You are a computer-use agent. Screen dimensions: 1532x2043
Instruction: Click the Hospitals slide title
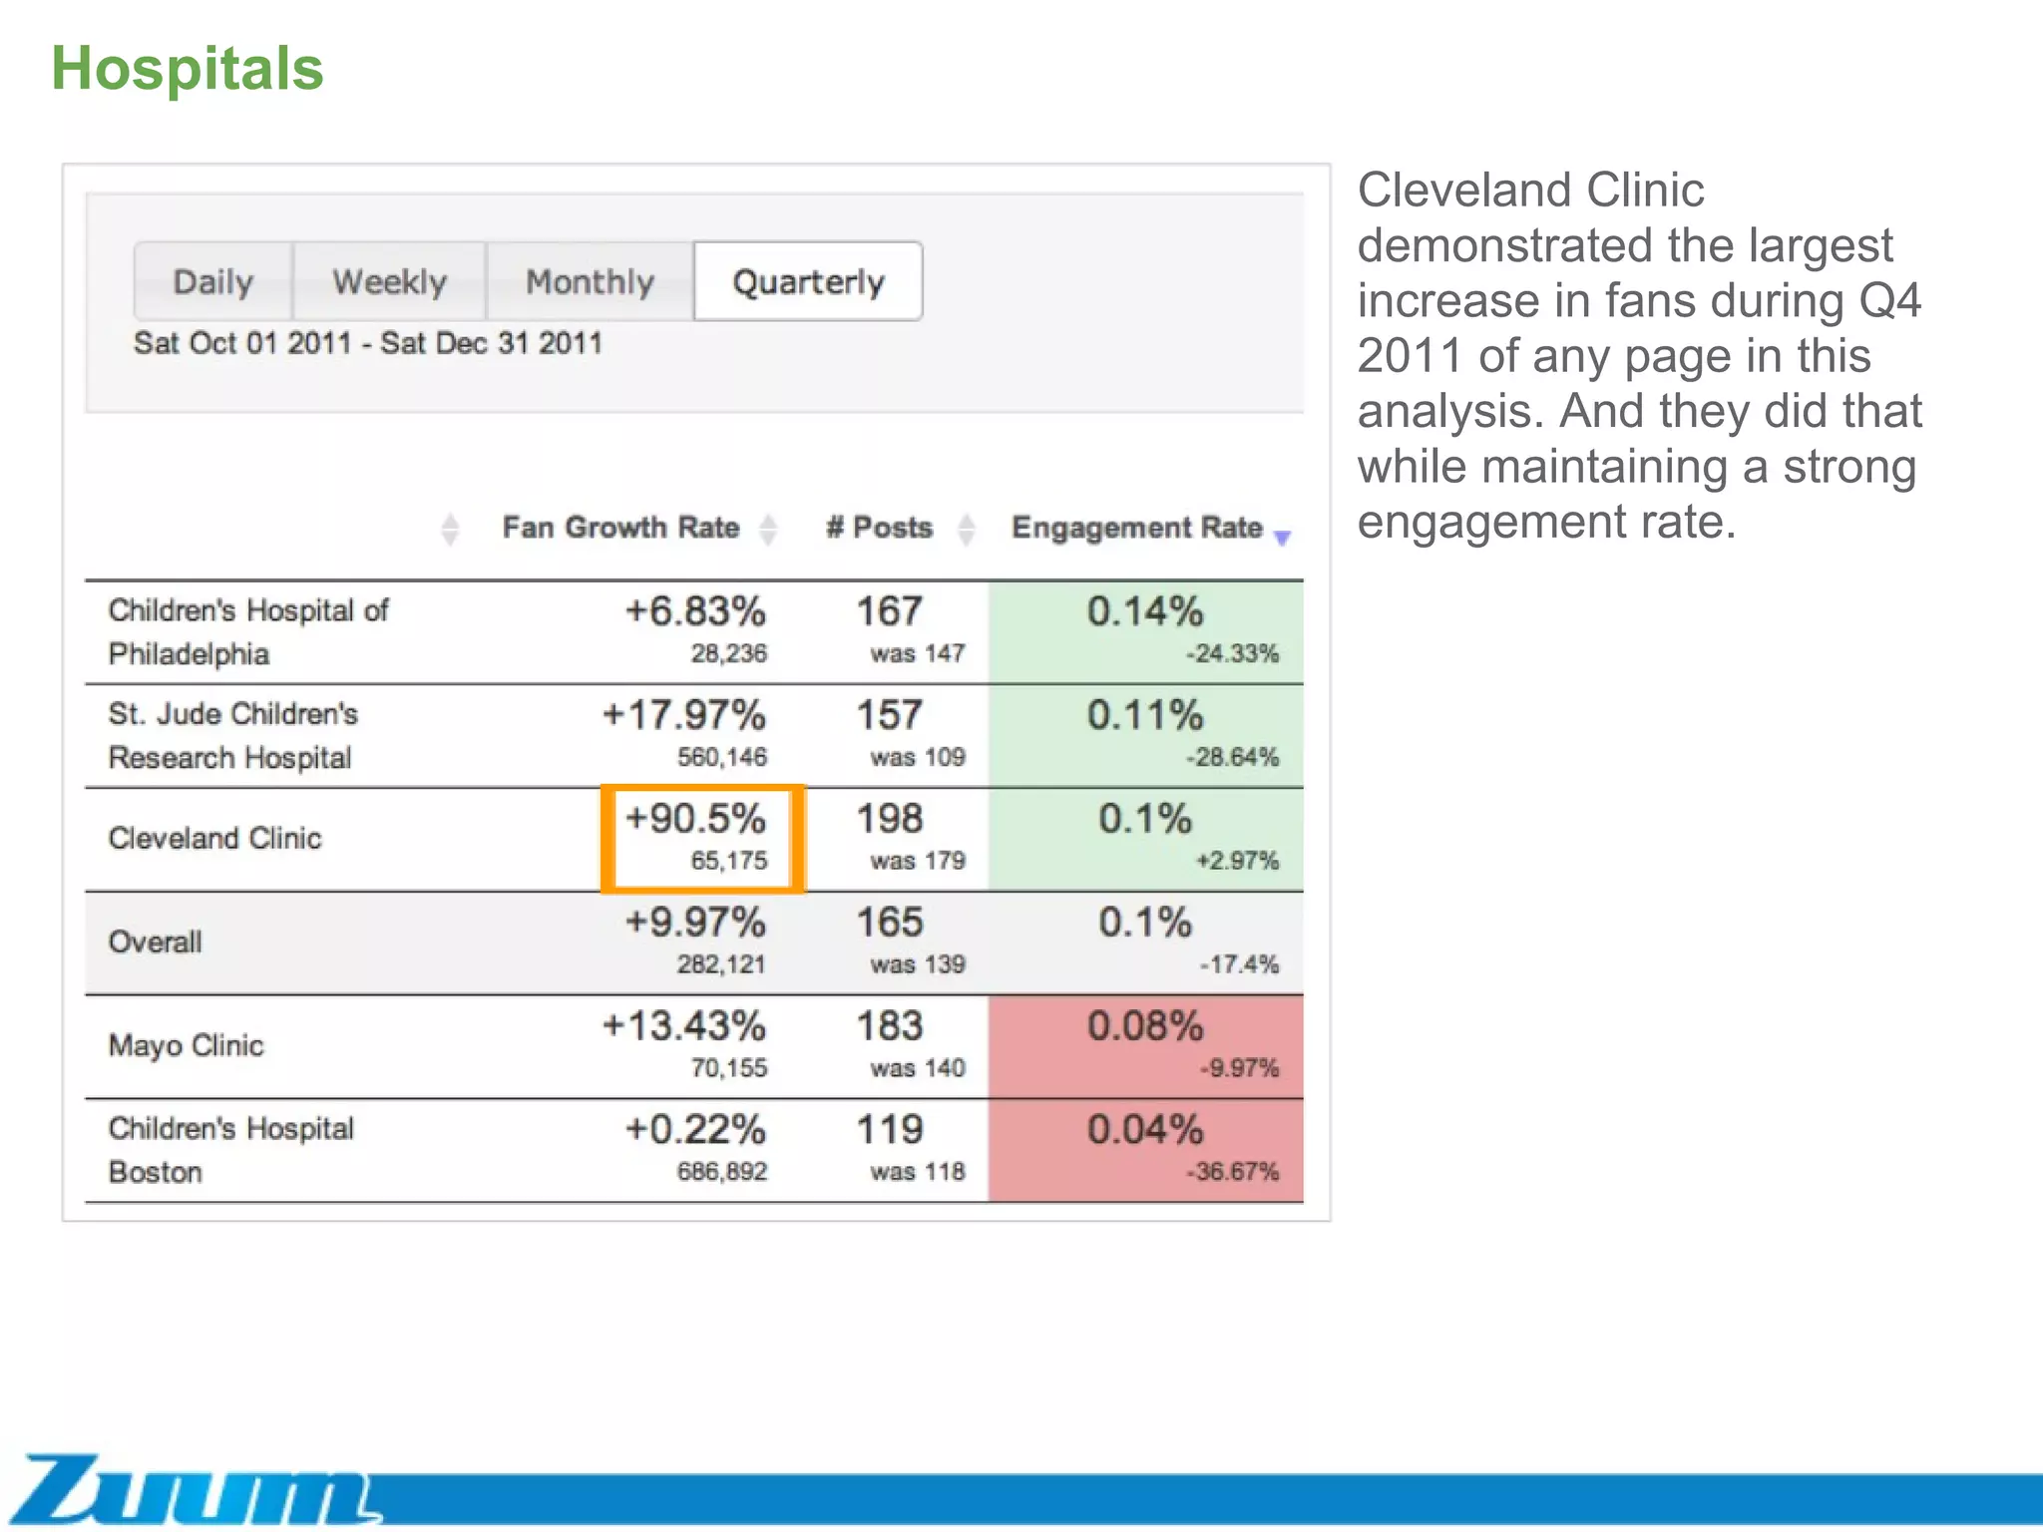point(188,69)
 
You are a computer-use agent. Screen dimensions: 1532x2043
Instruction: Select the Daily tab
point(212,281)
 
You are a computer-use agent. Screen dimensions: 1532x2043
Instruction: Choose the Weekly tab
point(389,281)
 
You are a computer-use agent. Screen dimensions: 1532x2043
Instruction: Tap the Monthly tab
point(590,281)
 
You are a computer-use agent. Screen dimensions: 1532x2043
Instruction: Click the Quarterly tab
point(808,281)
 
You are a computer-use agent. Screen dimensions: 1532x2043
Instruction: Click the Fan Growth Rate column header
point(620,527)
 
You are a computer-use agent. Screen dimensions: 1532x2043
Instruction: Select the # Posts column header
point(879,527)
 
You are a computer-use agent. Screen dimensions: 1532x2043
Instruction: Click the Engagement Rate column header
point(1136,527)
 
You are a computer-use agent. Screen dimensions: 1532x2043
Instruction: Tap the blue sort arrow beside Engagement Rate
point(1283,538)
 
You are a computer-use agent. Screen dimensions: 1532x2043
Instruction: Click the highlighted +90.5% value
point(695,819)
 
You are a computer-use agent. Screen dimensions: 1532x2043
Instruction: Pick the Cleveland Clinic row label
point(214,838)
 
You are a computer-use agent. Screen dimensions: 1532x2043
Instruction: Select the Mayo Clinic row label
point(186,1045)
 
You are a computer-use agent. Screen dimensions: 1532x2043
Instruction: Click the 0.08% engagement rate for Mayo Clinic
point(1145,1026)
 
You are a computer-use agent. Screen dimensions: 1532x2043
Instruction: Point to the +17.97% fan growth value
point(684,715)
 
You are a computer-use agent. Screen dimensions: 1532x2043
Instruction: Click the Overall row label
point(155,942)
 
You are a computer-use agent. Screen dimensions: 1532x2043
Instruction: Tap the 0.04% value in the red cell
point(1145,1130)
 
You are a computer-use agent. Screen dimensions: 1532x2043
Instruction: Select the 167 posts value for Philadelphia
point(890,611)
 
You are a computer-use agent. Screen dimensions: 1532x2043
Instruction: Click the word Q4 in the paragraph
point(1889,301)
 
